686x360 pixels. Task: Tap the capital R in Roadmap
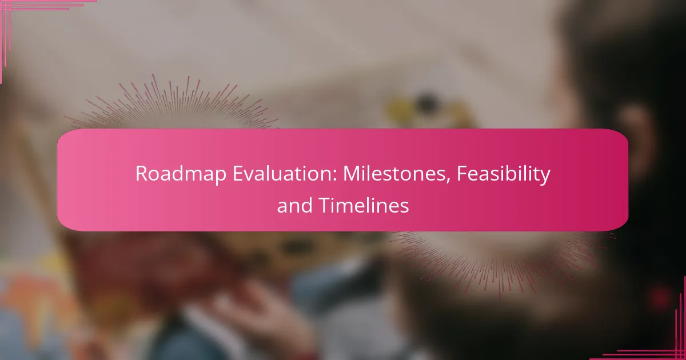[x=141, y=174]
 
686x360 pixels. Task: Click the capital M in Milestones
[x=350, y=174]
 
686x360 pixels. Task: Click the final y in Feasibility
[x=545, y=176]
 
